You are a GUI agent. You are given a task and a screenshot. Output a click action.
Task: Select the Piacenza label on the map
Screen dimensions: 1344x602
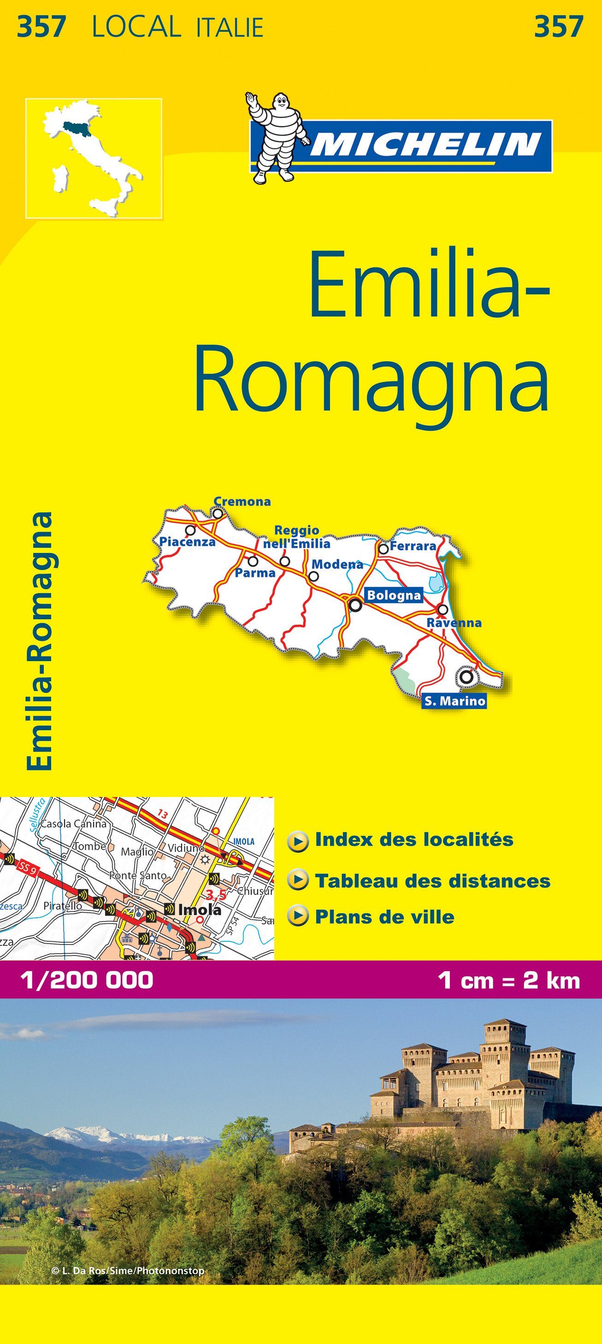pos(188,541)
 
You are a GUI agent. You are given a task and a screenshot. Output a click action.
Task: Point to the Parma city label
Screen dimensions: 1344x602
pos(255,573)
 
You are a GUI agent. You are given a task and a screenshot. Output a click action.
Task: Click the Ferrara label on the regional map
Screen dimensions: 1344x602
pos(413,546)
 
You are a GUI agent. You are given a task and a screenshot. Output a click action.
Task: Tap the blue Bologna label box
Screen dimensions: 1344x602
pos(394,595)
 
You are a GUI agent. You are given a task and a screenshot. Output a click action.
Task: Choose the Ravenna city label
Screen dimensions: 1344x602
pos(454,622)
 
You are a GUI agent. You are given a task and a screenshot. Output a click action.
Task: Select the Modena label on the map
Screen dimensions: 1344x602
pos(337,563)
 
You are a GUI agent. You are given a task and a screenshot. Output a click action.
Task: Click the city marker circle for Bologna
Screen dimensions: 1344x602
pos(355,605)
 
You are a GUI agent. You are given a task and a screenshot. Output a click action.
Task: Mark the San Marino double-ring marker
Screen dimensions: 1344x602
pos(466,677)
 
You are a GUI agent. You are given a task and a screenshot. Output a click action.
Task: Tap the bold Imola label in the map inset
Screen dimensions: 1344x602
pos(200,909)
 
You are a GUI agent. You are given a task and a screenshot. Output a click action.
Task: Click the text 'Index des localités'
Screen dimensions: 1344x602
pos(414,839)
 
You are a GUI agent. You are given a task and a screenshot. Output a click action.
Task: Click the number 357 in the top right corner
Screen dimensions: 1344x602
pos(558,26)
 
